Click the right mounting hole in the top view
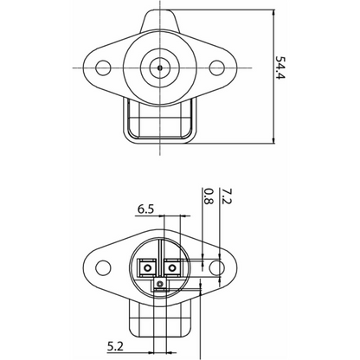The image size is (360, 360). (220, 67)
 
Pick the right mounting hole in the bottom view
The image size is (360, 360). (220, 268)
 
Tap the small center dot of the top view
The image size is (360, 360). (161, 66)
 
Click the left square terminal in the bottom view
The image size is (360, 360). (149, 267)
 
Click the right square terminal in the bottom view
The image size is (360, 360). (173, 267)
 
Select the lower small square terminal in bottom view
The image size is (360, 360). (159, 283)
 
